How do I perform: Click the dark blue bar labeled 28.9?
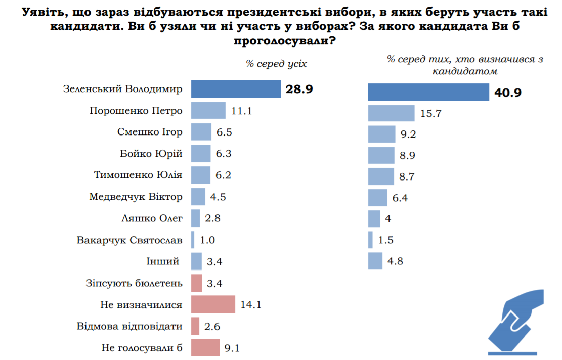click(x=236, y=89)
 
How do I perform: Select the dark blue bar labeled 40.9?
click(x=428, y=93)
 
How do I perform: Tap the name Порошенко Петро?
click(x=136, y=110)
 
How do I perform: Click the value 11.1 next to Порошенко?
click(x=242, y=111)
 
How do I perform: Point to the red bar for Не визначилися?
click(x=213, y=305)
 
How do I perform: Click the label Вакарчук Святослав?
click(x=129, y=240)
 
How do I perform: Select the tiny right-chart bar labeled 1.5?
click(x=370, y=239)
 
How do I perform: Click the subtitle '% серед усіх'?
click(x=276, y=64)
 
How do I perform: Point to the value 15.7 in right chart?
click(x=431, y=114)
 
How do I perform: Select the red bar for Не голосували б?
click(x=205, y=348)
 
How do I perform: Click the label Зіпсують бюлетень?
click(x=134, y=283)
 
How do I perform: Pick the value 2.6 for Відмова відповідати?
click(x=212, y=327)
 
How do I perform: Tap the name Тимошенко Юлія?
click(x=138, y=175)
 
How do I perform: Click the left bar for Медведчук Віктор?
click(x=198, y=196)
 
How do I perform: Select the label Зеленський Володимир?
click(x=122, y=89)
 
